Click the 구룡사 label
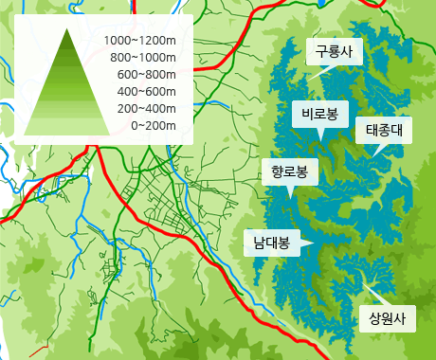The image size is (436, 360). (333, 51)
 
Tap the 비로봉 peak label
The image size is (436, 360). (319, 115)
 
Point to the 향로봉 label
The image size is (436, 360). (289, 171)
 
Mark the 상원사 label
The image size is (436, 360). (387, 318)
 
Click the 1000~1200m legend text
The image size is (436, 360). (140, 41)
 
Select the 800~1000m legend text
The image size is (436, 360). (140, 58)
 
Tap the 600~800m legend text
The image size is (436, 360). (144, 75)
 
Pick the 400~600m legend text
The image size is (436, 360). (144, 91)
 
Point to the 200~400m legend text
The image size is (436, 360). (144, 108)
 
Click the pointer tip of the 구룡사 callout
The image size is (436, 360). (320, 75)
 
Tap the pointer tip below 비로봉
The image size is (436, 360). (320, 140)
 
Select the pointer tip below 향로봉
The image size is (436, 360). (289, 197)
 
